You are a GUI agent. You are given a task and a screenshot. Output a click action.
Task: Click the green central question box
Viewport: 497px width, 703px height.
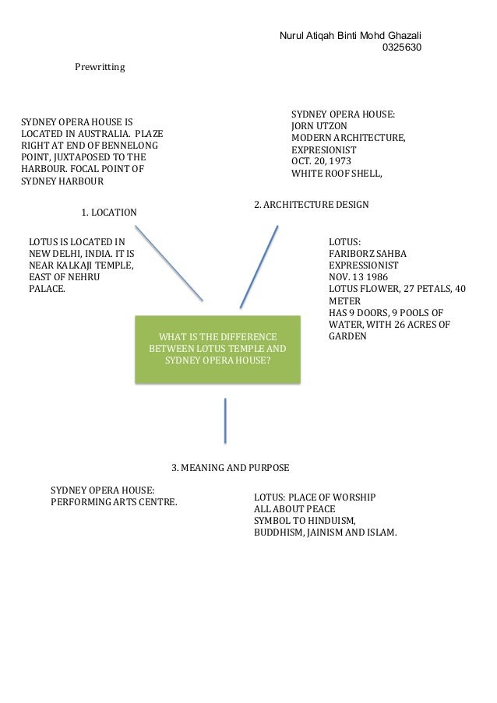tap(217, 349)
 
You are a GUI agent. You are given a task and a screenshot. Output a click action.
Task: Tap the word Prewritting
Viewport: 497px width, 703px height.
tap(100, 68)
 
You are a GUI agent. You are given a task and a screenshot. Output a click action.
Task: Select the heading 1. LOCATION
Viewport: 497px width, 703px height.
tap(108, 212)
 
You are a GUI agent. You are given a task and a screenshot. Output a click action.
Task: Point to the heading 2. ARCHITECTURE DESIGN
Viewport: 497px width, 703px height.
tap(312, 205)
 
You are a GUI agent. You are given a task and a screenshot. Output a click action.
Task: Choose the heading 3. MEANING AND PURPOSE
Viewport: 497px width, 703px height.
tap(230, 468)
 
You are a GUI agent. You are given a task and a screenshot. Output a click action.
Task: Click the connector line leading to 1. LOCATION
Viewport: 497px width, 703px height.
tap(168, 263)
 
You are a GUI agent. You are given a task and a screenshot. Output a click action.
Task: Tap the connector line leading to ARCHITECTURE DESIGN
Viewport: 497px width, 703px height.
tap(259, 266)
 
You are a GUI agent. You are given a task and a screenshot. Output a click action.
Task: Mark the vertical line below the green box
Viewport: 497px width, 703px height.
tap(225, 420)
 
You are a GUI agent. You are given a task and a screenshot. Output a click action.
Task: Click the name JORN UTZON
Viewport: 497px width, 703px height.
tap(319, 126)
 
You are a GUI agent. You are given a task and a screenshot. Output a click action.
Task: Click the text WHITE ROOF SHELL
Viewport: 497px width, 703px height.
tap(336, 174)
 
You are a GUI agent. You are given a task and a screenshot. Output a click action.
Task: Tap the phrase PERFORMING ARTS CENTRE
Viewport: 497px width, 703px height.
tap(114, 502)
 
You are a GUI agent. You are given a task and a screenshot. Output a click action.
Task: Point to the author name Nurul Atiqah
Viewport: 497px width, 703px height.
tap(312, 36)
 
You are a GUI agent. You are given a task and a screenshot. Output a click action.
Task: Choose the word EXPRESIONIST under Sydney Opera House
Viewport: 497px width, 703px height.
tap(323, 150)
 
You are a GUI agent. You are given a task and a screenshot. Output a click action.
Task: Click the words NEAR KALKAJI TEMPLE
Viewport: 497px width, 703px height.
tap(81, 266)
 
